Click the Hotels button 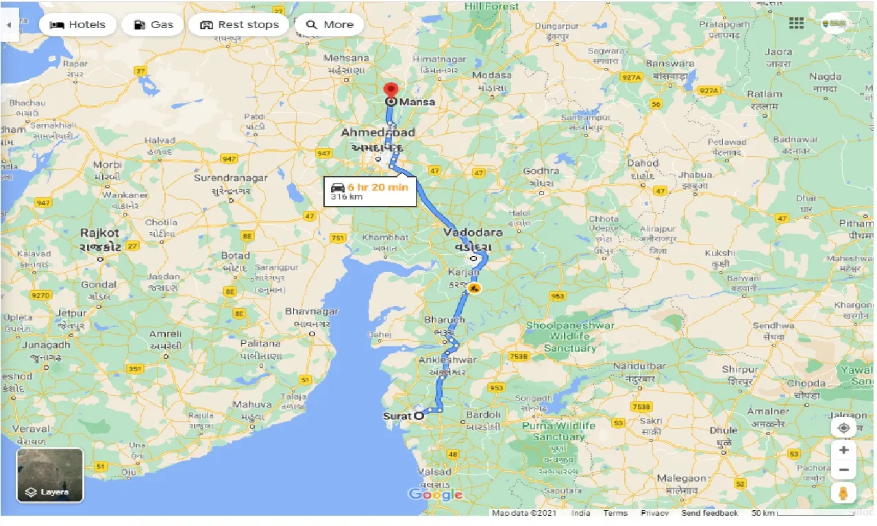(77, 25)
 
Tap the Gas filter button (153, 25)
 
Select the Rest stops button (239, 25)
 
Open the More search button (330, 25)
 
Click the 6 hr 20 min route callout (370, 191)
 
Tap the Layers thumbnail (50, 475)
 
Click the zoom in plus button (843, 450)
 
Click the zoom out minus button (843, 471)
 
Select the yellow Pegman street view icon (843, 493)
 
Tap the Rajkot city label (100, 233)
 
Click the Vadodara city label (473, 232)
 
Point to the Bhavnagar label (312, 312)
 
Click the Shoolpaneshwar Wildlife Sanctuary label (570, 336)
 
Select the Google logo (435, 494)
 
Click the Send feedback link (710, 513)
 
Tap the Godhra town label (541, 171)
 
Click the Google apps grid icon (796, 23)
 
